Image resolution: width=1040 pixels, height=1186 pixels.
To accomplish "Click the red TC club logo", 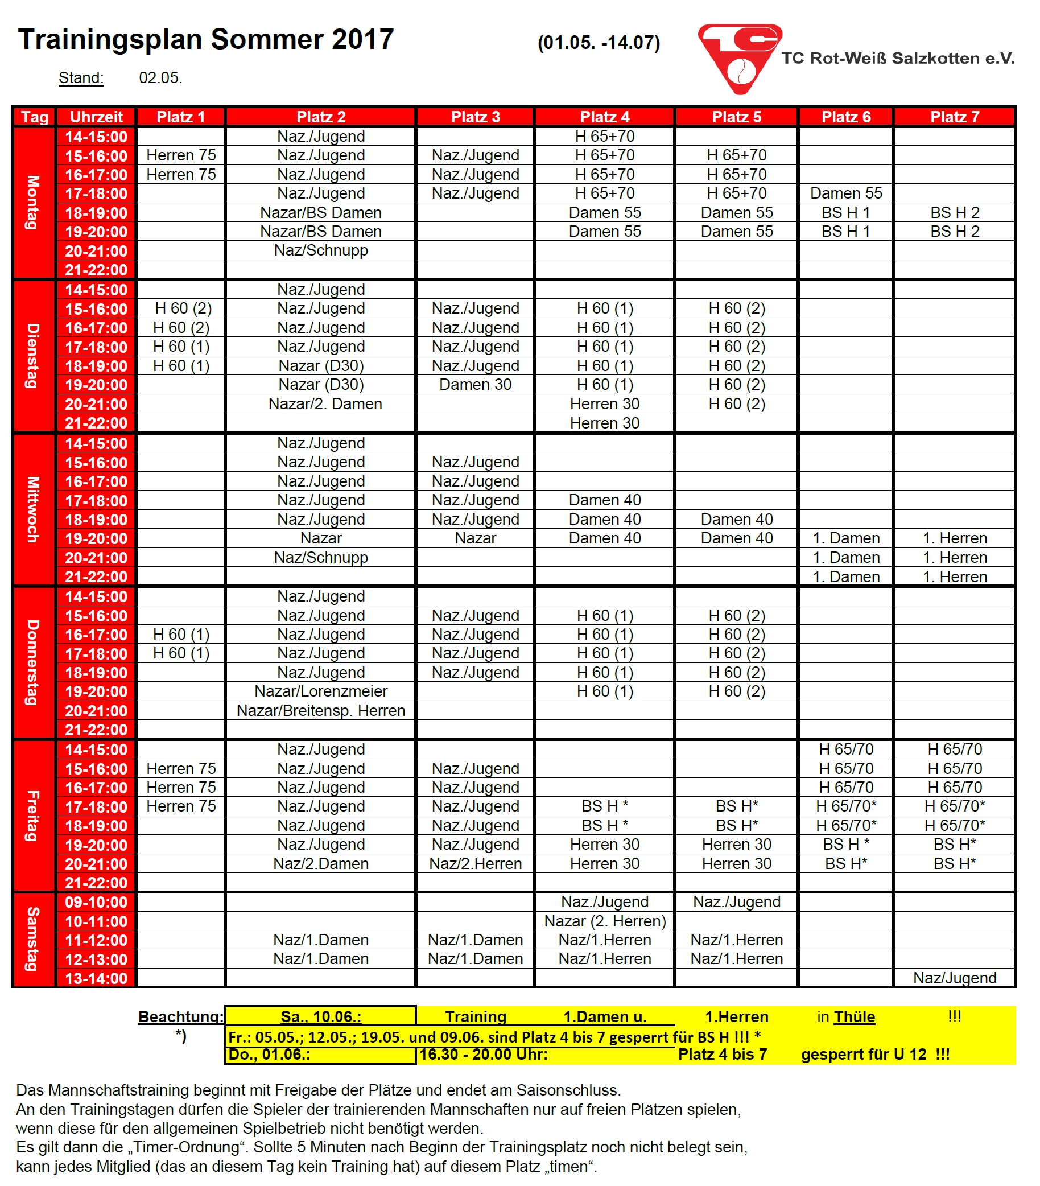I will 738,58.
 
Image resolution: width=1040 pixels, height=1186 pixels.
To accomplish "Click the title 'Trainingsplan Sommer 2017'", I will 206,39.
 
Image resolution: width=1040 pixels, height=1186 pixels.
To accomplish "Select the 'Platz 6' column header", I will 845,117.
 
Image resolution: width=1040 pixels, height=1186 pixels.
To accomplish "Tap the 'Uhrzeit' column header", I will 96,117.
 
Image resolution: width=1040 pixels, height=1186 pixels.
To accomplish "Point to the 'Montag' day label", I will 34,203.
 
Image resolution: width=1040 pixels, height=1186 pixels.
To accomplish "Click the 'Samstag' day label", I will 34,939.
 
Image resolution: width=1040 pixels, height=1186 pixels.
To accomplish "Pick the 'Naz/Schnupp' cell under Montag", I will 321,250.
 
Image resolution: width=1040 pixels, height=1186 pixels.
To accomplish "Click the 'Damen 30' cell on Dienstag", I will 475,385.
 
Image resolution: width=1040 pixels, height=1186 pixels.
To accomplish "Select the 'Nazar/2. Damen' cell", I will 325,404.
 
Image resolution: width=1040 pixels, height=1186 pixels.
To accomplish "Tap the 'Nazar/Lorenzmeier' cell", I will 321,691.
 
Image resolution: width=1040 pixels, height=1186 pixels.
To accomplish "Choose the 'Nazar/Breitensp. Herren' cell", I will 321,710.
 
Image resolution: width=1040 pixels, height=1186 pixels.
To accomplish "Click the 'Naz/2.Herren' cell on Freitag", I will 475,863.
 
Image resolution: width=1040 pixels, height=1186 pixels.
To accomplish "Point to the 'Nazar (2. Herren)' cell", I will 604,921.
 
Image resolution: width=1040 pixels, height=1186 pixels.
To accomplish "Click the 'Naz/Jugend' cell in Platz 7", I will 954,978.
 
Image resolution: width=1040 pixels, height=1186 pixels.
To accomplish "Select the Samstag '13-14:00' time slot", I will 96,978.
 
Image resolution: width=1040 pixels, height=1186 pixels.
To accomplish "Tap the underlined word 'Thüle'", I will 854,1016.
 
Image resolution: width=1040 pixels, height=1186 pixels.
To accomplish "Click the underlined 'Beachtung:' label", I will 180,1016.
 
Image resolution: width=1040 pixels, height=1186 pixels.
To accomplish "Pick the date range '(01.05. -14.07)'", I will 599,42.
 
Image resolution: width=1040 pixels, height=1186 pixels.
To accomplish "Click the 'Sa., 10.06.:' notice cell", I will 321,1016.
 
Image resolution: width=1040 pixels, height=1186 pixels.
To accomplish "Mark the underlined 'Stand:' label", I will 81,78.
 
